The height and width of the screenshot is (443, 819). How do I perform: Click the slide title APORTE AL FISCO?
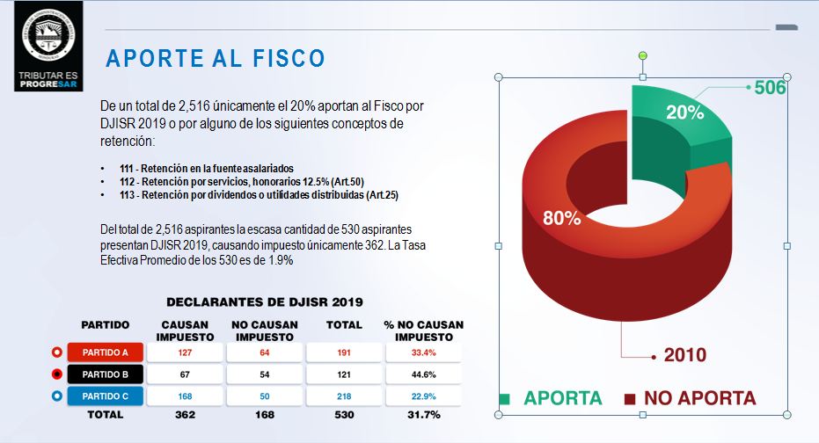(x=216, y=59)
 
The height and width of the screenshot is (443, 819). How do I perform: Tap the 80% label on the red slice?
(x=561, y=219)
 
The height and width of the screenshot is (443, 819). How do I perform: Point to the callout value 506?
(x=770, y=88)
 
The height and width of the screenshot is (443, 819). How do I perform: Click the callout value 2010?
(x=684, y=356)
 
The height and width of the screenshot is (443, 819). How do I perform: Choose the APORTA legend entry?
(x=562, y=398)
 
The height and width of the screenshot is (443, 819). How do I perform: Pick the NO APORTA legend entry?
(x=698, y=398)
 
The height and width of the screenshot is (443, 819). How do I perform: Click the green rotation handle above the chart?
(x=642, y=55)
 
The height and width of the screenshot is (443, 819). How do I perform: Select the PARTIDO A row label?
(x=106, y=352)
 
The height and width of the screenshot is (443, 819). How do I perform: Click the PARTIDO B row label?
(x=106, y=374)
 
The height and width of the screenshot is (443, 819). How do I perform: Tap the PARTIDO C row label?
(x=106, y=396)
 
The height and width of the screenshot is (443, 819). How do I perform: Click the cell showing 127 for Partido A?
(x=184, y=352)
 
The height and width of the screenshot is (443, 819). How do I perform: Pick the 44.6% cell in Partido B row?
(x=425, y=374)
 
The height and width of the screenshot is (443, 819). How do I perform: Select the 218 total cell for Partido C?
(x=344, y=396)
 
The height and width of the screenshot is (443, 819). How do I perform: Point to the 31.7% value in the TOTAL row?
(x=425, y=415)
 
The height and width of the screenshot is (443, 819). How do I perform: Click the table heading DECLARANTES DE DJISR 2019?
(x=264, y=301)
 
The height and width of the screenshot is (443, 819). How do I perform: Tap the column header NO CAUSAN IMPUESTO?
(x=264, y=330)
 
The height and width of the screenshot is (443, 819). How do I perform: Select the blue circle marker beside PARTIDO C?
(x=56, y=396)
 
